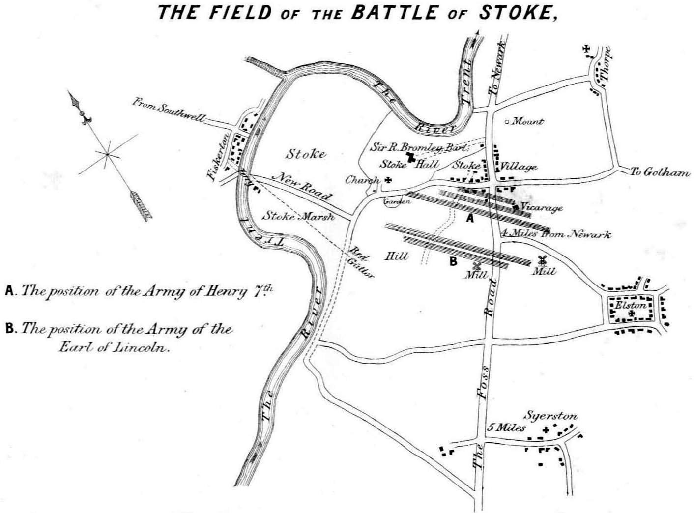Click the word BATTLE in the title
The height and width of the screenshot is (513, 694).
(393, 12)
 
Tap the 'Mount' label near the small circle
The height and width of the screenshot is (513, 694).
(528, 121)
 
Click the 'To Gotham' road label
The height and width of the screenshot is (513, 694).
(660, 172)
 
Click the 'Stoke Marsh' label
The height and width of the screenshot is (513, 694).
(298, 216)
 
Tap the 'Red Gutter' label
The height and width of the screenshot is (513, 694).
(361, 262)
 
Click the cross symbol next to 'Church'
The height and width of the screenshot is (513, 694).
(388, 180)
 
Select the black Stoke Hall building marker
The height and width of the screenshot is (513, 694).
(409, 158)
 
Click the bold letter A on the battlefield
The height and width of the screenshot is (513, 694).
(470, 219)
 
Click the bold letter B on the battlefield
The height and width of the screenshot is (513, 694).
(453, 262)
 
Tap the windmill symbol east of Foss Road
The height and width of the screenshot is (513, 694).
(543, 260)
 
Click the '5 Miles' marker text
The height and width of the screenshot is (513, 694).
(506, 427)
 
